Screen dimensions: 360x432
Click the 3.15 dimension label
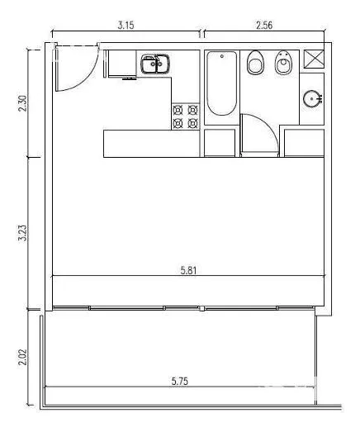[126, 26]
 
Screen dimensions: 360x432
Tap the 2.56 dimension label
[264, 26]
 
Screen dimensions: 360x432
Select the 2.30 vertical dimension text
[22, 103]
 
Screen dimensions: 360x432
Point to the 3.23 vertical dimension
[22, 233]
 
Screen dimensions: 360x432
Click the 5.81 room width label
[189, 271]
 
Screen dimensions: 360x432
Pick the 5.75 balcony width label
[180, 382]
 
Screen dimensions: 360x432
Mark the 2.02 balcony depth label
[22, 357]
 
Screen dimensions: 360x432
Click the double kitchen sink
[155, 64]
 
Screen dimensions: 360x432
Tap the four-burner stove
[186, 116]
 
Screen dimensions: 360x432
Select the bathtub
[222, 83]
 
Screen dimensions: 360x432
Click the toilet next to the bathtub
[255, 63]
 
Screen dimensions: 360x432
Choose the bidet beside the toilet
[283, 63]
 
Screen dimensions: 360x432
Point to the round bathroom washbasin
[312, 98]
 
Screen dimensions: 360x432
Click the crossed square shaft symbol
[314, 59]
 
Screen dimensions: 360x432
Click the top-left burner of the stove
[178, 110]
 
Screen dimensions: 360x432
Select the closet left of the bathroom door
[220, 143]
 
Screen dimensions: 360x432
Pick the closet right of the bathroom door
[304, 143]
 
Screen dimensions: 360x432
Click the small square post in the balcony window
[202, 308]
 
